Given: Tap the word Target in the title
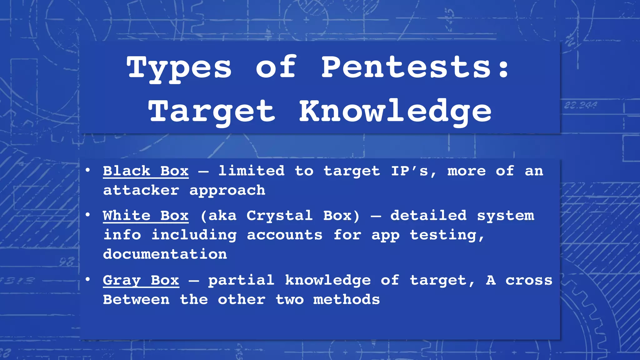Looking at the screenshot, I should (212, 112).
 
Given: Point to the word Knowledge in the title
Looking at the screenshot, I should (395, 112).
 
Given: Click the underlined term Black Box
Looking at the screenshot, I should (146, 171).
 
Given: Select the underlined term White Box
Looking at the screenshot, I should (146, 216).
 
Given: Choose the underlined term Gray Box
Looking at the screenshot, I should (141, 280).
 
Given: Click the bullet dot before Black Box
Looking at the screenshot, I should (88, 170).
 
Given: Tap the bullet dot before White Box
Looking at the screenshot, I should (88, 215).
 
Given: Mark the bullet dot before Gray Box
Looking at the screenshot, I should (88, 279).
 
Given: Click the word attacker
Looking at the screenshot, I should (141, 190).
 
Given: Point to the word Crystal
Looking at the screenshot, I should (279, 216).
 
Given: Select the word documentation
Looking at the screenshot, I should (165, 254).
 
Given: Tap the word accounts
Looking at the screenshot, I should (284, 235).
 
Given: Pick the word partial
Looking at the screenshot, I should (241, 280).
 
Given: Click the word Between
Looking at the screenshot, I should (136, 300).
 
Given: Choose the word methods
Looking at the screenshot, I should (347, 300).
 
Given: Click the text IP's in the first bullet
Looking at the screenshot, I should (409, 171).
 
